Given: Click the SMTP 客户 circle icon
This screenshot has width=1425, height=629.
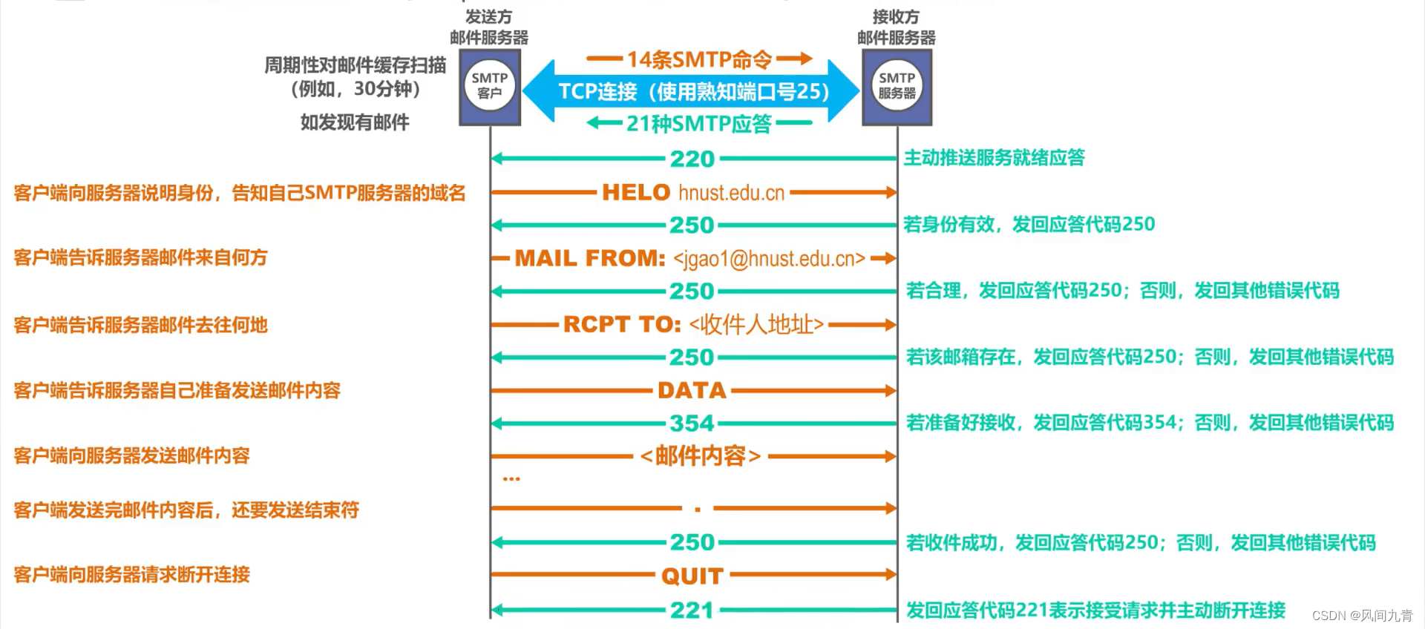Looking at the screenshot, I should pyautogui.click(x=490, y=86).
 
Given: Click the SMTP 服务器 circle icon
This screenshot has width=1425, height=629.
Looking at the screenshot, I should pyautogui.click(x=897, y=86).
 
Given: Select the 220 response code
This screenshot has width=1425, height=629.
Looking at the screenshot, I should pyautogui.click(x=692, y=159).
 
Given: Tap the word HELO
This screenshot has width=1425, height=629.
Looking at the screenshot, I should pyautogui.click(x=636, y=193).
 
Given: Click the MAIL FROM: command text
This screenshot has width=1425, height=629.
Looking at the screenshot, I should pyautogui.click(x=590, y=258).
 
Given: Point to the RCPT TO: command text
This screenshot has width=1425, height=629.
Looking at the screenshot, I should pyautogui.click(x=622, y=324).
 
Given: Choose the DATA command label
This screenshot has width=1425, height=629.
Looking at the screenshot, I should pyautogui.click(x=692, y=390).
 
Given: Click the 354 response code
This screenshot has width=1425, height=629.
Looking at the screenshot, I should pyautogui.click(x=692, y=424).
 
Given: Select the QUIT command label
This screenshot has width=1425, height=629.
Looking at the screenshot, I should pyautogui.click(x=692, y=576).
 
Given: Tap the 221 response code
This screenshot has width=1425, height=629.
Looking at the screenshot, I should pyautogui.click(x=692, y=610).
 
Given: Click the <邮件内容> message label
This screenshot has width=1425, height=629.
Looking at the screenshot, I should pyautogui.click(x=700, y=455).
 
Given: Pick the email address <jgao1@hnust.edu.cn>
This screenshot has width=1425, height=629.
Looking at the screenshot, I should pyautogui.click(x=769, y=259).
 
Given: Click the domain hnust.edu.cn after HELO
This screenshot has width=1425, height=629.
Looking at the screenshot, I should pyautogui.click(x=731, y=193).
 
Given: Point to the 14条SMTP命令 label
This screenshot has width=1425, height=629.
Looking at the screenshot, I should pyautogui.click(x=699, y=59).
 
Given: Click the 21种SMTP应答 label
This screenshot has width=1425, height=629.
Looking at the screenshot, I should pyautogui.click(x=699, y=123).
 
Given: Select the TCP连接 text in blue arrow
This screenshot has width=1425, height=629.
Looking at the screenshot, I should pyautogui.click(x=597, y=91).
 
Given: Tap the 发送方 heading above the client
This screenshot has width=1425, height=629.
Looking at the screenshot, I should pyautogui.click(x=488, y=16).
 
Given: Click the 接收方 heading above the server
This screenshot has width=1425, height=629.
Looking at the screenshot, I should pyautogui.click(x=896, y=16).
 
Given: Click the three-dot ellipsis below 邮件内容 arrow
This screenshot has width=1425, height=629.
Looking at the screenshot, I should pyautogui.click(x=511, y=479).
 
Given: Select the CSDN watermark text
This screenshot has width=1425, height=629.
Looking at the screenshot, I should pyautogui.click(x=1362, y=616).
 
